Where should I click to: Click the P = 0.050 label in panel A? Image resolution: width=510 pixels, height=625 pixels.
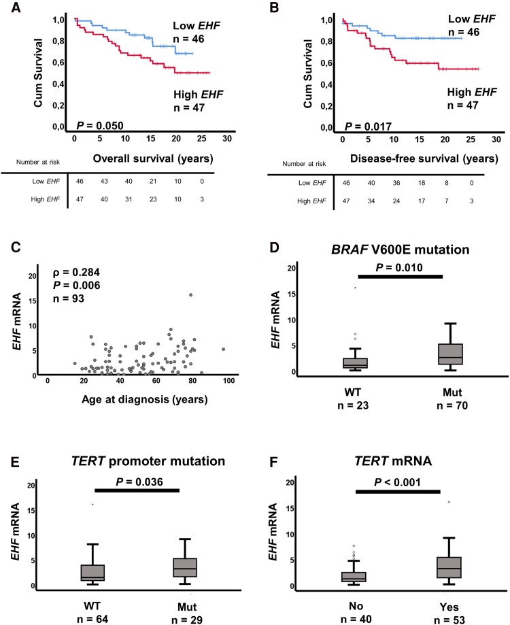pyautogui.click(x=100, y=126)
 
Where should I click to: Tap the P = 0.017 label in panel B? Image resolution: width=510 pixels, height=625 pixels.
pyautogui.click(x=368, y=126)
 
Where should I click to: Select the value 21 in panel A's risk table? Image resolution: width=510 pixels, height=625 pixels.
pyautogui.click(x=153, y=182)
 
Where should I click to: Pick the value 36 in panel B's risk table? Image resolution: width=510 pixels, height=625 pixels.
pyautogui.click(x=396, y=183)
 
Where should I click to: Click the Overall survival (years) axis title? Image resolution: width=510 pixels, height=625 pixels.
pyautogui.click(x=153, y=158)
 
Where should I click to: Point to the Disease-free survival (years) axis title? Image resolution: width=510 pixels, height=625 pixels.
pyautogui.click(x=424, y=158)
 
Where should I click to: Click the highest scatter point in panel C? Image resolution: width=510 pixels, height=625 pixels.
pyautogui.click(x=191, y=295)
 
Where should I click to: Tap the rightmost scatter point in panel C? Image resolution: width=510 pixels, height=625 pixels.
pyautogui.click(x=224, y=349)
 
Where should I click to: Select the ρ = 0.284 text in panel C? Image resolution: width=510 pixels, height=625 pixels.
pyautogui.click(x=76, y=272)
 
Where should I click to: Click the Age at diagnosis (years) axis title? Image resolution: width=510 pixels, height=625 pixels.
pyautogui.click(x=145, y=399)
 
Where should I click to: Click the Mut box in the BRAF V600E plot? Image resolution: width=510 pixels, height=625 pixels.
pyautogui.click(x=451, y=354)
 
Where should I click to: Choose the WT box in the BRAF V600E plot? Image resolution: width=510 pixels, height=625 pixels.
pyautogui.click(x=355, y=362)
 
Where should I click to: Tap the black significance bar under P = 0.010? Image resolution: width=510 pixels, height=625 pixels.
pyautogui.click(x=401, y=277)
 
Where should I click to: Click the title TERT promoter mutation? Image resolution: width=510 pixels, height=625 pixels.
pyautogui.click(x=148, y=461)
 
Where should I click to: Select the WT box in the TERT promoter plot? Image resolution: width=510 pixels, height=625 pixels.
pyautogui.click(x=92, y=573)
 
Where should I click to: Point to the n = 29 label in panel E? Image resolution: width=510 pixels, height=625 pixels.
pyautogui.click(x=187, y=620)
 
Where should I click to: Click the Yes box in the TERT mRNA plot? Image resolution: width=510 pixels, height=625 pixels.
pyautogui.click(x=449, y=568)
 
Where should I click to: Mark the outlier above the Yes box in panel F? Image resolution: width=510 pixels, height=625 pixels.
pyautogui.click(x=449, y=502)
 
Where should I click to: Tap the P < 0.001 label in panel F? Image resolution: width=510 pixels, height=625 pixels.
pyautogui.click(x=397, y=482)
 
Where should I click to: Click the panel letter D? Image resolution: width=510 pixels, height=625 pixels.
pyautogui.click(x=274, y=248)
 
